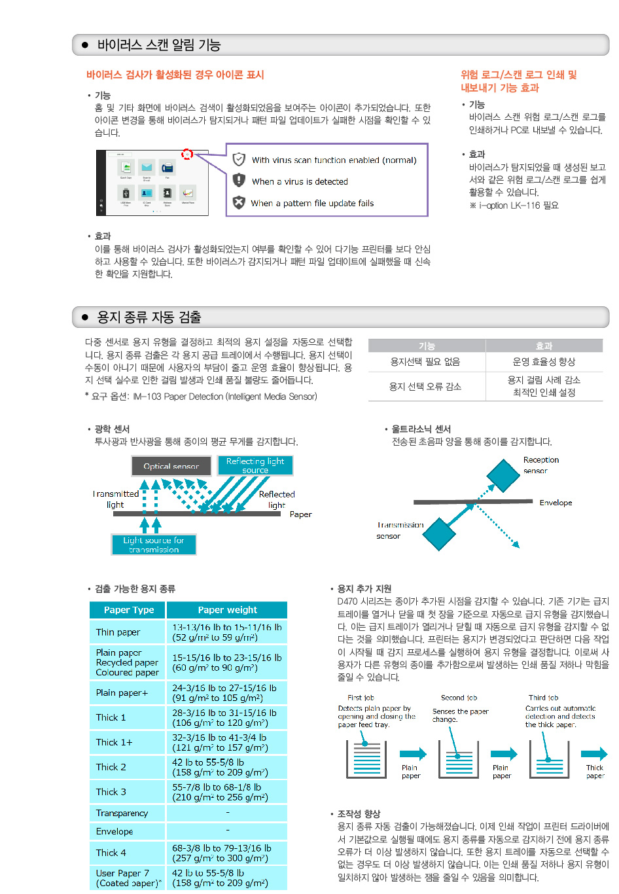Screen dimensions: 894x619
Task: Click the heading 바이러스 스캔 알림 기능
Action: tap(159, 45)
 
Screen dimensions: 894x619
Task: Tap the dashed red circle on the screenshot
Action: tap(187, 154)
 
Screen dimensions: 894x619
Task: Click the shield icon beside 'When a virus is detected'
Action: tap(239, 181)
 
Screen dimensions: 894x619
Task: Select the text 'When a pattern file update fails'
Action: tap(312, 204)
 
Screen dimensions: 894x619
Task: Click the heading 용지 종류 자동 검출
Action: tap(149, 317)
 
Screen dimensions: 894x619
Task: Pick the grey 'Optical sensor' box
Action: tap(171, 466)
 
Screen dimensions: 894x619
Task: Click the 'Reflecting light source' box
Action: tap(255, 465)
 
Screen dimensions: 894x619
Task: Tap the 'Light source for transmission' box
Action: tap(154, 545)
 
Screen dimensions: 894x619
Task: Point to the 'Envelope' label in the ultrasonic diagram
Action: tap(556, 503)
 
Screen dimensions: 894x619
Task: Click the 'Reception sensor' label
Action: tap(540, 465)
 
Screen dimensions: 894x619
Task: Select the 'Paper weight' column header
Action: tap(227, 610)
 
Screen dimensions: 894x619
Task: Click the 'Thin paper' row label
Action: tap(118, 632)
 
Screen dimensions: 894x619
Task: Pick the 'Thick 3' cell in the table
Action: tap(111, 792)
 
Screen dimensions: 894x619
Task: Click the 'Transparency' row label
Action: tap(122, 813)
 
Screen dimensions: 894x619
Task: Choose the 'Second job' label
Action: tap(459, 698)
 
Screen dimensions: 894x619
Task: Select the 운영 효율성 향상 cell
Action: tap(544, 362)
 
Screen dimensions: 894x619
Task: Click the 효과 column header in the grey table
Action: tap(544, 346)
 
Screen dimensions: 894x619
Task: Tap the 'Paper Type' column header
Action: tap(129, 610)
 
